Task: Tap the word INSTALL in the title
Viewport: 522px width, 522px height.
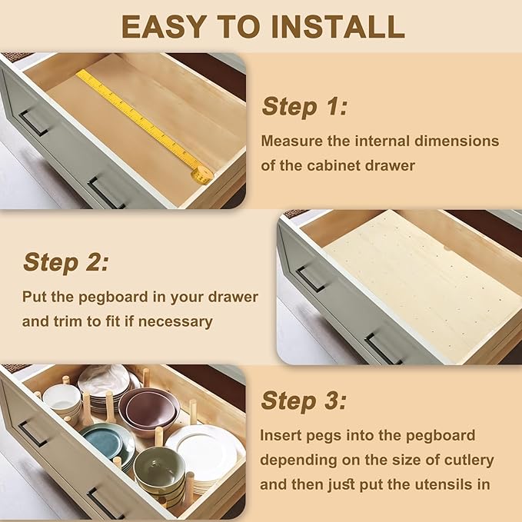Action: (x=338, y=27)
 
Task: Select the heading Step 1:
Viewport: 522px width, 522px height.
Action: (x=305, y=107)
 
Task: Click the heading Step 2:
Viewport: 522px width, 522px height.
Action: (x=66, y=262)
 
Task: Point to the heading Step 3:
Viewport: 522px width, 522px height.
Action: (x=304, y=401)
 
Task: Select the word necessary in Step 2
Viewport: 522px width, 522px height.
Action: (x=175, y=322)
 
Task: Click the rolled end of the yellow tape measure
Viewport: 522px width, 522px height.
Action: (x=201, y=175)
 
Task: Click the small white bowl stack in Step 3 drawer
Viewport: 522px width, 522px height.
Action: (x=62, y=402)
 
